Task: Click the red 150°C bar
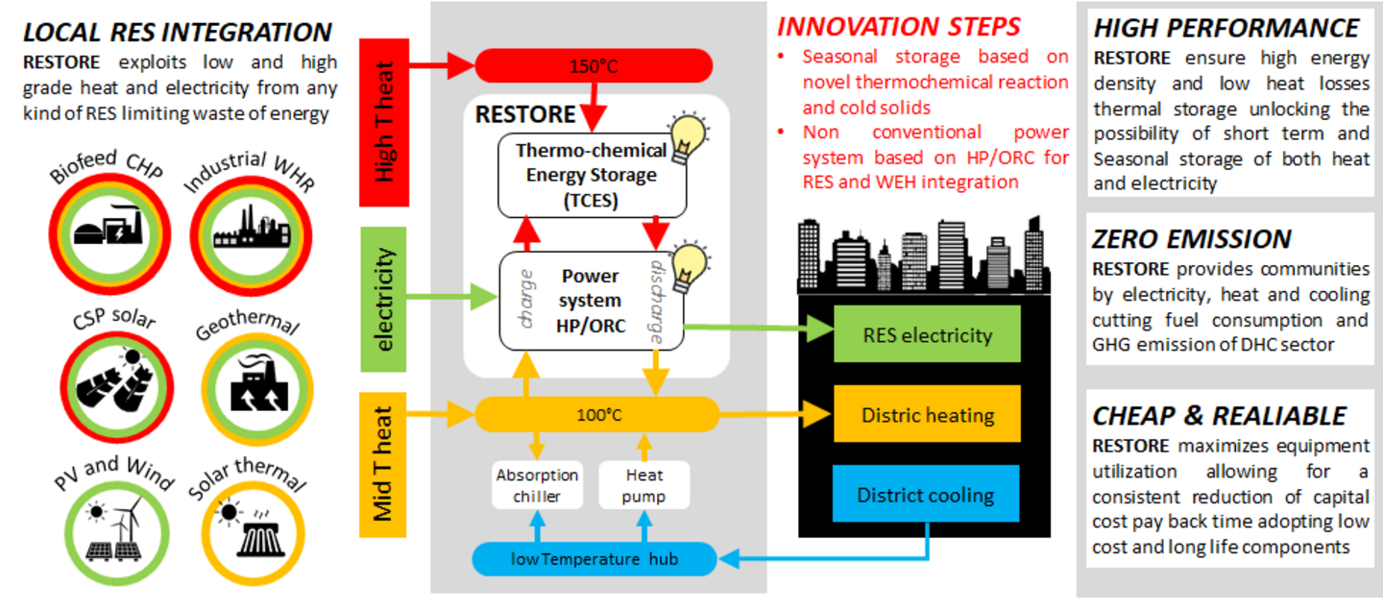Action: point(594,65)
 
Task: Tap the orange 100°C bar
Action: point(597,414)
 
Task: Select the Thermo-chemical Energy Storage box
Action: point(592,176)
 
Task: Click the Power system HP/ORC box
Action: point(591,301)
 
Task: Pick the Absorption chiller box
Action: point(537,485)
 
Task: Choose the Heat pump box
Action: point(643,485)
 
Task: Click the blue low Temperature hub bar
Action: point(594,559)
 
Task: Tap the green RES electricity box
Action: point(927,334)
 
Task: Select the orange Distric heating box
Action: point(927,414)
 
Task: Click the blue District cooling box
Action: point(926,494)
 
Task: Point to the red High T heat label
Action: point(384,122)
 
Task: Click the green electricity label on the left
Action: point(383,299)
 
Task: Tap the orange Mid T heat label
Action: point(383,465)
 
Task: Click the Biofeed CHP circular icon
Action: point(109,233)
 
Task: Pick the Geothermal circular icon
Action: point(257,389)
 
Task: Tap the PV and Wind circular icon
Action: point(117,532)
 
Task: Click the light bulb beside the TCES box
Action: point(688,137)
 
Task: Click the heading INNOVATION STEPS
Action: point(898,27)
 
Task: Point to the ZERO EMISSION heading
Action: point(1192,239)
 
